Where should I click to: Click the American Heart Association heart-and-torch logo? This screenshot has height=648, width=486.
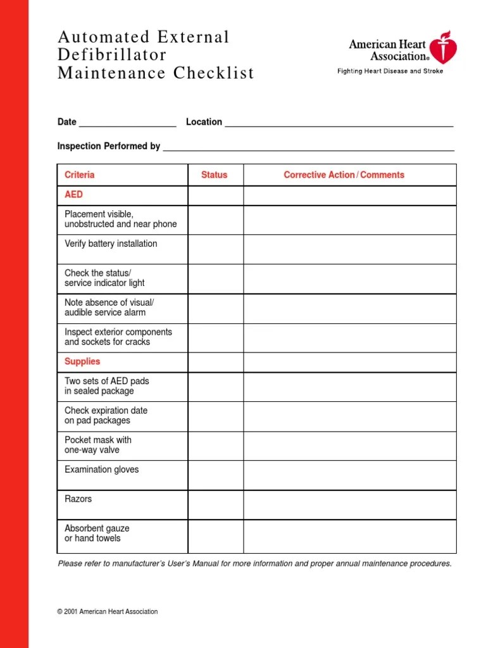tap(441, 47)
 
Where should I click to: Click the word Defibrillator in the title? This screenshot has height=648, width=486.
tap(112, 55)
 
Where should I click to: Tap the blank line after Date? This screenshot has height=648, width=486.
tap(127, 123)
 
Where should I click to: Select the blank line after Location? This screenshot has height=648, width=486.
tap(339, 123)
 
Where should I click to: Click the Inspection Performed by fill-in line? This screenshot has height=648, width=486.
tap(308, 147)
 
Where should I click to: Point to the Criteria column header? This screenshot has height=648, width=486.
tap(79, 175)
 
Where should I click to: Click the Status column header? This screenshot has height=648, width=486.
tap(214, 175)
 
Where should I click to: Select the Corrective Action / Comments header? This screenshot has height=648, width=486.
tap(344, 175)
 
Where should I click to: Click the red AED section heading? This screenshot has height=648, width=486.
tap(73, 195)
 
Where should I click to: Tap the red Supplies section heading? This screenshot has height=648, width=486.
tap(82, 361)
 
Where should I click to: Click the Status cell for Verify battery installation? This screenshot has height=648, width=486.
tap(215, 249)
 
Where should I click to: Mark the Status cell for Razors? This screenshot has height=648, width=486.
tap(215, 504)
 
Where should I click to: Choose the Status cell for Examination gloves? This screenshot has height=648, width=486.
tap(215, 475)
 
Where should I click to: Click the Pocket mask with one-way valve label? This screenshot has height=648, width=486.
tap(98, 445)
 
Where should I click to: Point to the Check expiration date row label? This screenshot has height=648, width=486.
tap(106, 415)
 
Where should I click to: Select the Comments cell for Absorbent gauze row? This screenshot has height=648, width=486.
tap(349, 536)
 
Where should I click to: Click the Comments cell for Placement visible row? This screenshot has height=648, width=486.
tap(349, 220)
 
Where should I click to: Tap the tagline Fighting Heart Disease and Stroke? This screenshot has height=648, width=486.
tap(390, 72)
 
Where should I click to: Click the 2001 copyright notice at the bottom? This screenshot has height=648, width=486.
tap(107, 612)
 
